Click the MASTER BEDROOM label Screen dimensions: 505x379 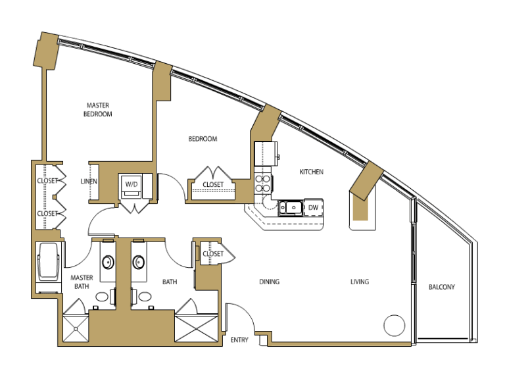(97, 110)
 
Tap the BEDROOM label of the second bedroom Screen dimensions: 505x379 (203, 139)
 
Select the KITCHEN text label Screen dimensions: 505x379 (312, 172)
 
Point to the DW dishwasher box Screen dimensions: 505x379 (314, 207)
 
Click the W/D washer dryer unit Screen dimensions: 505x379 (131, 186)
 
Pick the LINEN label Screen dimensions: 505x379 (89, 182)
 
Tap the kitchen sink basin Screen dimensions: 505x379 (291, 208)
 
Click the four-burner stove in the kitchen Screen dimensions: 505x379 (263, 184)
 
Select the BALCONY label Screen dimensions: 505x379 (442, 287)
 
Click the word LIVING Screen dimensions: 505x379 (360, 282)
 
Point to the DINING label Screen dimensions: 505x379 (269, 282)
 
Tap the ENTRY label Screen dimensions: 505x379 (239, 340)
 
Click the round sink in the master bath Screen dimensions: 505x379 (108, 262)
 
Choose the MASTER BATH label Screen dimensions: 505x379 (82, 282)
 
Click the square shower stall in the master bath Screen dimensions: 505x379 (76, 328)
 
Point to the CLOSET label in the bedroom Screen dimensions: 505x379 (213, 184)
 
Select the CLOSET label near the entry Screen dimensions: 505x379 (213, 253)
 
